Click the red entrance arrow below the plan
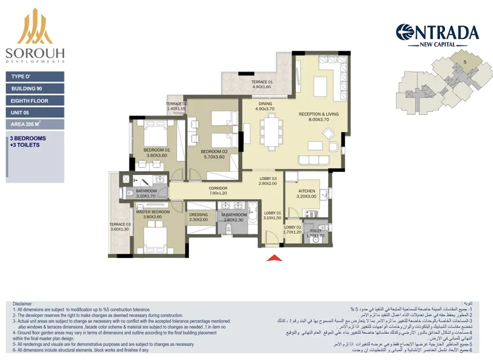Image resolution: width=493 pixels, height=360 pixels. coord(274,258)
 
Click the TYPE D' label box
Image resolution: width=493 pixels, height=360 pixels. coord(35,76)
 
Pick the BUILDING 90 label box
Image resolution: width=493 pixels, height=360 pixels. coord(35,88)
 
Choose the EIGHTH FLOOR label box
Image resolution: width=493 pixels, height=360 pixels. coord(35,101)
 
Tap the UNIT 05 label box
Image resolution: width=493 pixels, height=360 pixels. coord(35,113)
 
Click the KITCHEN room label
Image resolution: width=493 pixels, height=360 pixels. coord(306,191)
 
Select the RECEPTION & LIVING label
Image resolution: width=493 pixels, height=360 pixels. coord(319,115)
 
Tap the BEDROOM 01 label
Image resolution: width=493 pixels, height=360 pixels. coord(156,151)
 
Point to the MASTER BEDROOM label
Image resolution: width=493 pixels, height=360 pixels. coord(153,212)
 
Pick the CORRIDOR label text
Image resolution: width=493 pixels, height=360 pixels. coord(218,188)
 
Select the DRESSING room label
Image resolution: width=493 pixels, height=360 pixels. coord(199,215)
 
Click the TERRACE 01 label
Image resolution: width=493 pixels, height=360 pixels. coord(261,82)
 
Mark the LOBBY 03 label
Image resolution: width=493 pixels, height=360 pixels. coord(268,179)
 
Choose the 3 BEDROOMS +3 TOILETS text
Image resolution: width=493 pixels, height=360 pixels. coord(28,142)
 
